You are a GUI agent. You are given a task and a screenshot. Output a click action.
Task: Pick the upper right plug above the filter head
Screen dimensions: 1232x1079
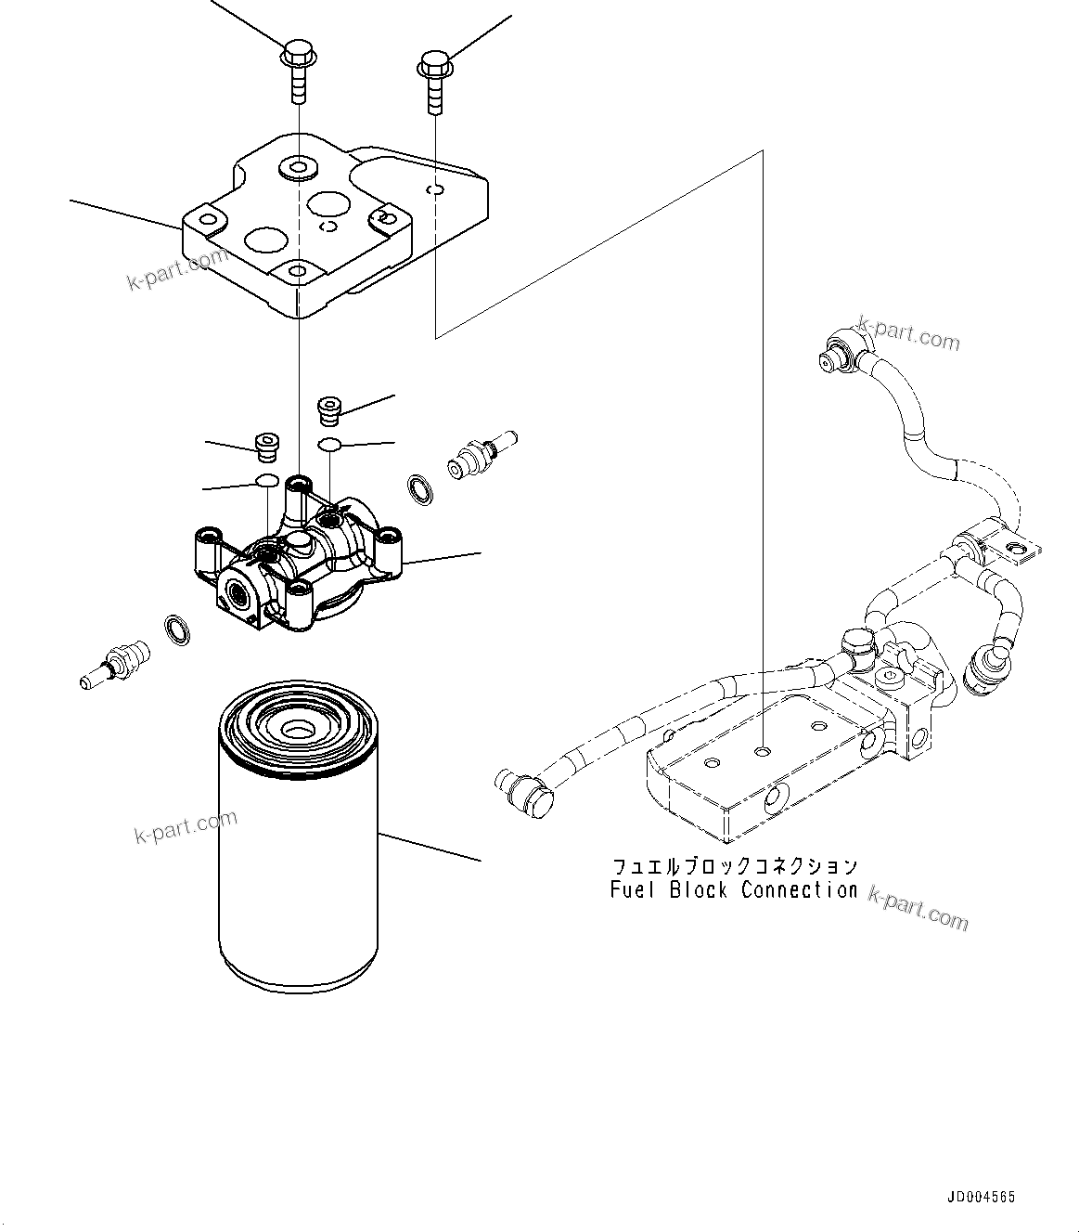coord(329,409)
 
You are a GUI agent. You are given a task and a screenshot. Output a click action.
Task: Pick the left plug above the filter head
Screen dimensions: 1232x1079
coord(266,446)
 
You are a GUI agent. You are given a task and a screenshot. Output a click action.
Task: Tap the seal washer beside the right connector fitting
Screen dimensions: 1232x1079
coord(420,489)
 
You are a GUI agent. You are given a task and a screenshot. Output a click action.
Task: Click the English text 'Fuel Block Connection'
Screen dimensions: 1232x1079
coord(733,890)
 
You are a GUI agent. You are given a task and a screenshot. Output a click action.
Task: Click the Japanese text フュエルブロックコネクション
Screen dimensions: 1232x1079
coord(733,866)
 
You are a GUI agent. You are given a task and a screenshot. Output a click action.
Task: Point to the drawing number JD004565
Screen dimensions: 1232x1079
coord(981,1197)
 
